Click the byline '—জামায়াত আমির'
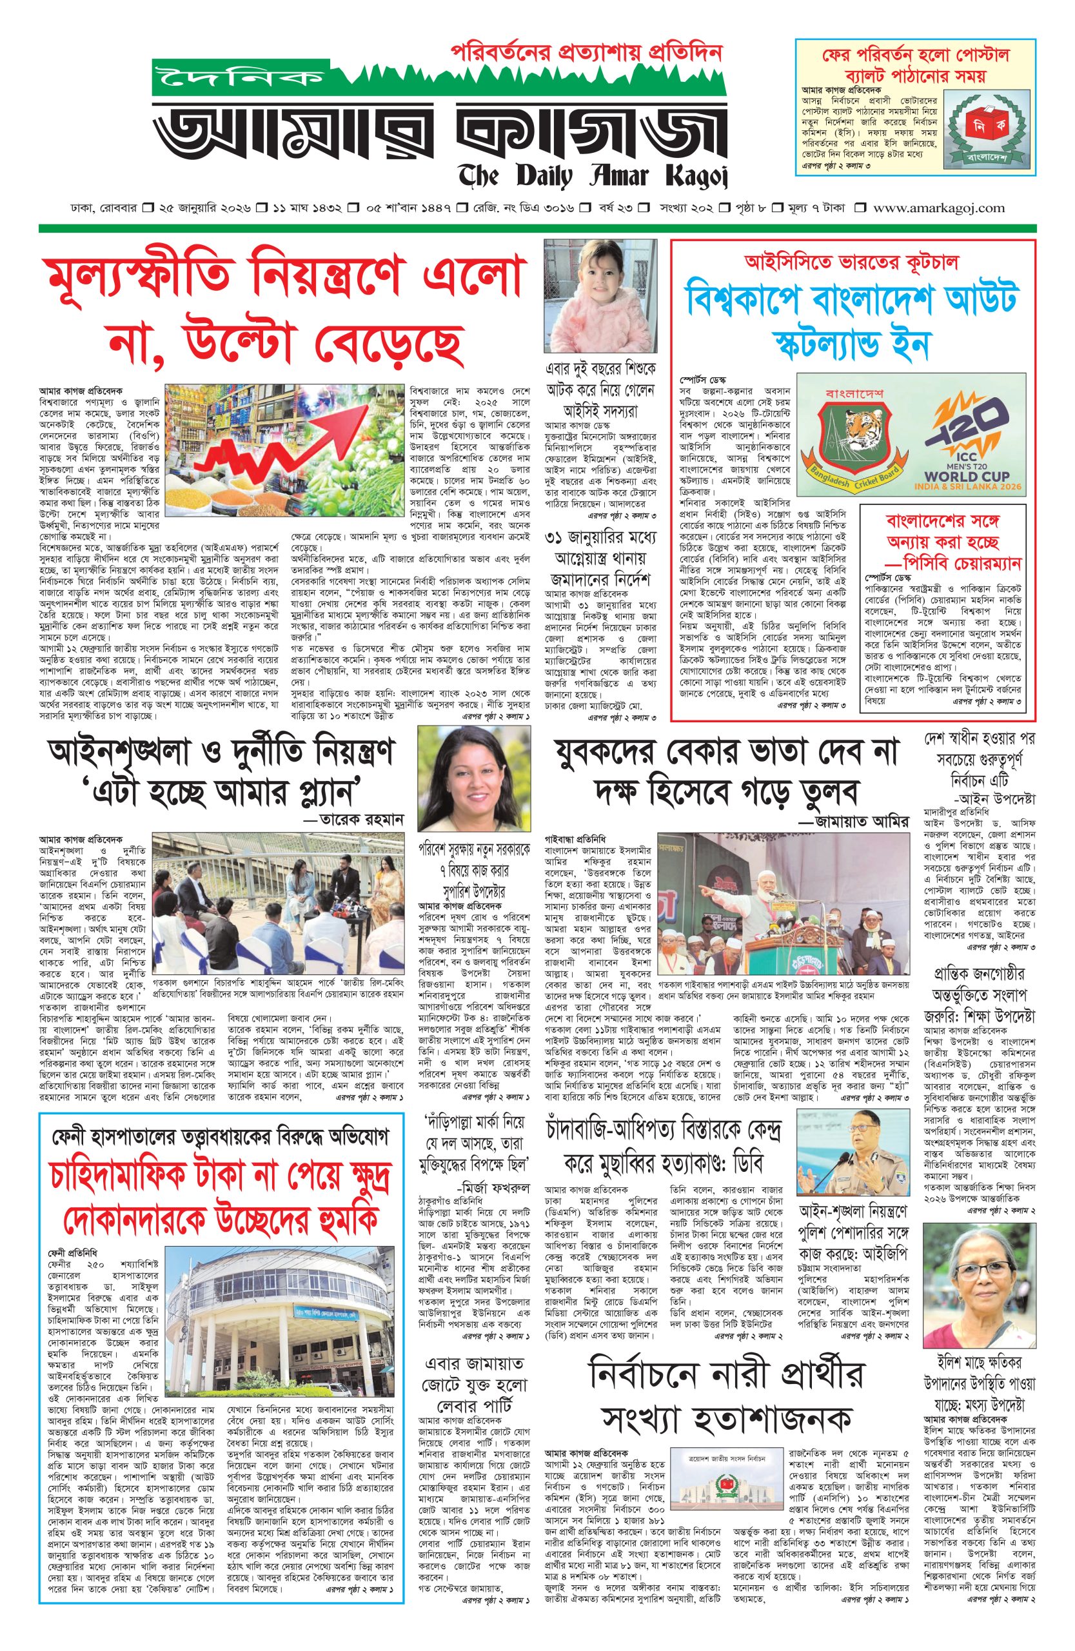click(853, 822)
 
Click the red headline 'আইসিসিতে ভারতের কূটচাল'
click(851, 263)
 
